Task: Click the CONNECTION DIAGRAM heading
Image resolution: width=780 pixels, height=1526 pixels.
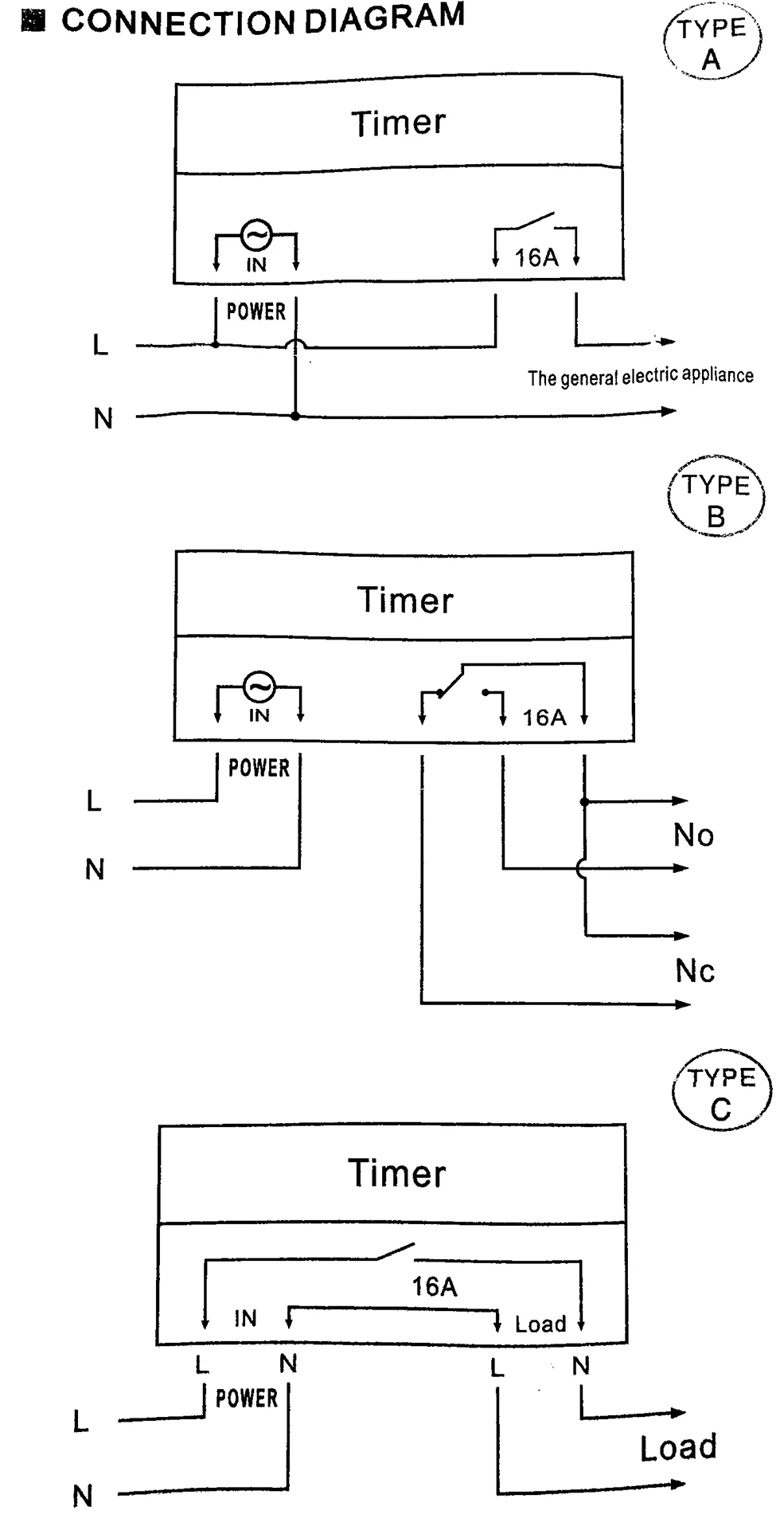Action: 263,20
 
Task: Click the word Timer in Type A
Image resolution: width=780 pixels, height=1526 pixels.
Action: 399,123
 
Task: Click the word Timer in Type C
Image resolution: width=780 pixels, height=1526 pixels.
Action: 397,1173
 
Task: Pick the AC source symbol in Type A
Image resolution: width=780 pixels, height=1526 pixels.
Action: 256,235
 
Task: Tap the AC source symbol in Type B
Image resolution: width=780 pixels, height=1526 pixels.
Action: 259,686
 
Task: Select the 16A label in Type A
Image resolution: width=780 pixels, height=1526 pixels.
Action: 536,257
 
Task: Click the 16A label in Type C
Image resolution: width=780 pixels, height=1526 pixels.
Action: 435,1286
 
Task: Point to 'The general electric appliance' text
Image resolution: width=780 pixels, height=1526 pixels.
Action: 640,376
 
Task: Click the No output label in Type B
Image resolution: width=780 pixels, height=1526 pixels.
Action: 693,835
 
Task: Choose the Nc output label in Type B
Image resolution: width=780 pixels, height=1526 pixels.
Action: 695,971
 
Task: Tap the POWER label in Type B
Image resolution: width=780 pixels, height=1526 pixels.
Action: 259,768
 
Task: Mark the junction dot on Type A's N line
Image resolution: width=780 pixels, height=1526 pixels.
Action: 295,416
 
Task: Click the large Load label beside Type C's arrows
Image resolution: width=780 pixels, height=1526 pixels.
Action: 678,1447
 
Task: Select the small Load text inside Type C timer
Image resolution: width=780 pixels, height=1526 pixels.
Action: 540,1324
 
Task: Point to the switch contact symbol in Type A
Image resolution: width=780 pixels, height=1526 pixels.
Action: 536,221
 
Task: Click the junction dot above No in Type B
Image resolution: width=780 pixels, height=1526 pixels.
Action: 584,802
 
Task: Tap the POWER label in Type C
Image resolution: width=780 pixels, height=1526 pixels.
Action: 247,1398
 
